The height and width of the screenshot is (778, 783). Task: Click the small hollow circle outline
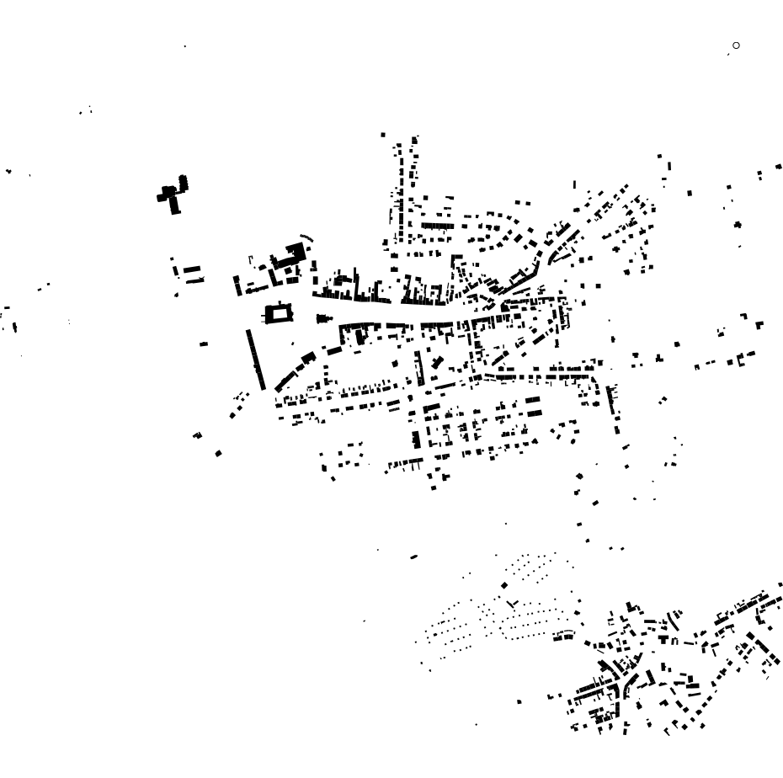736,45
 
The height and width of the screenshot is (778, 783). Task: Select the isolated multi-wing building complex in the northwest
173,194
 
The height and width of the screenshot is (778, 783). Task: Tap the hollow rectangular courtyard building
279,314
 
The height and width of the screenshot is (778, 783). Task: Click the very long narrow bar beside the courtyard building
255,360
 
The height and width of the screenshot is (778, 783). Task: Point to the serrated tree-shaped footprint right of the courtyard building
324,318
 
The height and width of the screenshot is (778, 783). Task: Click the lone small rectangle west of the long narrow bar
204,344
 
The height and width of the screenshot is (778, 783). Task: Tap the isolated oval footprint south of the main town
413,557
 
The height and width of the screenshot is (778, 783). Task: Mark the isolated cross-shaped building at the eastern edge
738,225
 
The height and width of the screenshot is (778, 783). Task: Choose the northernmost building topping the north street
383,135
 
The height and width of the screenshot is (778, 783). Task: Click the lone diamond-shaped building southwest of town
218,454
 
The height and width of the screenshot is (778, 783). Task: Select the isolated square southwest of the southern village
519,701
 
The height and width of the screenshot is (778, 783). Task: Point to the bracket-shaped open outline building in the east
741,360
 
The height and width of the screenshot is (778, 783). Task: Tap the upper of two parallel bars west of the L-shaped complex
192,269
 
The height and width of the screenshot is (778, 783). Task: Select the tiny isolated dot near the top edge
184,46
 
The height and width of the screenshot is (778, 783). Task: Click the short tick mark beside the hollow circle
728,54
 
